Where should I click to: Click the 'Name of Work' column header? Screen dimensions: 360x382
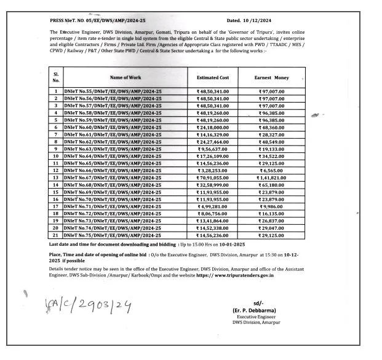point(125,77)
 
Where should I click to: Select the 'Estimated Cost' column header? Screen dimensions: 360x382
point(212,78)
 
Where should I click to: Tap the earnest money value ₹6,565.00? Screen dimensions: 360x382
point(271,170)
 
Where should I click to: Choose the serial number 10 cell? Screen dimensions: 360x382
point(56,156)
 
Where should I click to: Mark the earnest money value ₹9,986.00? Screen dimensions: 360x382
point(271,206)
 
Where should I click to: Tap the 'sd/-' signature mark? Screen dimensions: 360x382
point(258,303)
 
